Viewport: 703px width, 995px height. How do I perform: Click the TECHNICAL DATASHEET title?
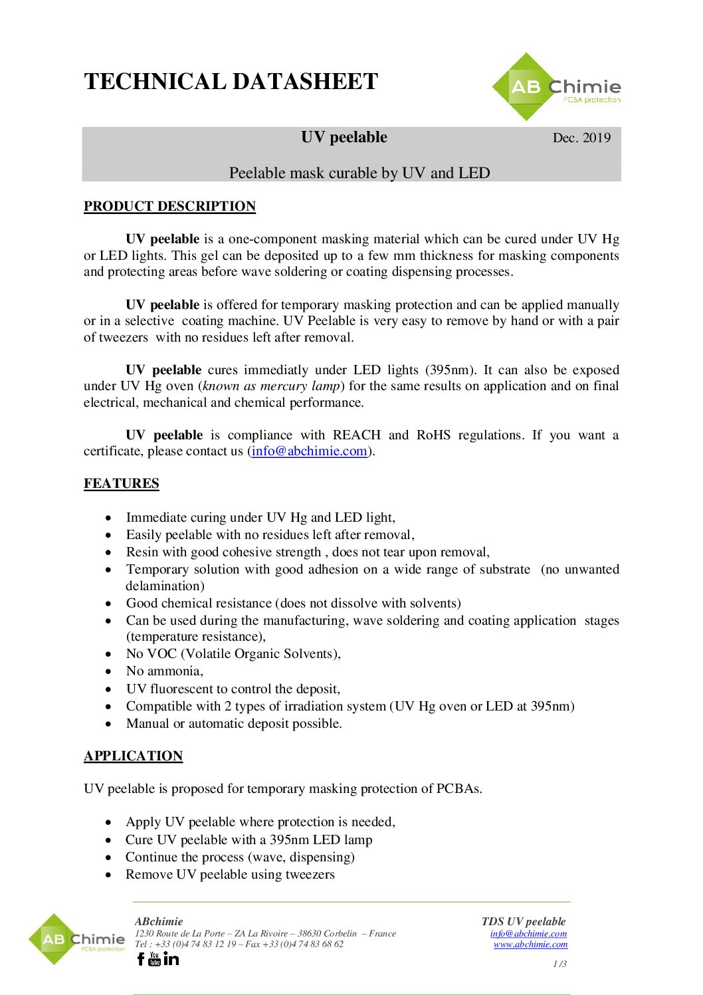[231, 82]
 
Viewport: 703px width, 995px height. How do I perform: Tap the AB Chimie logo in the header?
[557, 88]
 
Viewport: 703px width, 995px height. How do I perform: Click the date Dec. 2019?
[581, 138]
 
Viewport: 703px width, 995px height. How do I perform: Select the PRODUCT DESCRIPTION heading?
[169, 206]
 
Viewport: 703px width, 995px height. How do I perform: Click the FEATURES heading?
[122, 483]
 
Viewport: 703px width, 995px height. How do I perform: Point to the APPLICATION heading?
[133, 756]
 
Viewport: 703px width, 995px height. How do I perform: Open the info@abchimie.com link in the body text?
[310, 451]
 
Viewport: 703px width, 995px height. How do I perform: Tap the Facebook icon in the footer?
[140, 958]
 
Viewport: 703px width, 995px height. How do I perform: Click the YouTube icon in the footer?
[155, 958]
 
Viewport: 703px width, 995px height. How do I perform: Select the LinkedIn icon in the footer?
[171, 958]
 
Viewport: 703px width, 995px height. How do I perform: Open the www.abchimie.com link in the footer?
[530, 944]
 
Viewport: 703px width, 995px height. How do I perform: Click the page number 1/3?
[559, 964]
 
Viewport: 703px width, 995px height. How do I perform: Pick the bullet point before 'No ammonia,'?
[108, 671]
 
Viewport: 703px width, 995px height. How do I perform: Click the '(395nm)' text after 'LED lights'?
[451, 370]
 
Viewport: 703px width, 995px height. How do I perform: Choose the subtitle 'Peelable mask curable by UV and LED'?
[359, 173]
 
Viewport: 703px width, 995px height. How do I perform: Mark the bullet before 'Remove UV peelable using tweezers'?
[108, 875]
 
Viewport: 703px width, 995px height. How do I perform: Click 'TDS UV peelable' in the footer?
[524, 921]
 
